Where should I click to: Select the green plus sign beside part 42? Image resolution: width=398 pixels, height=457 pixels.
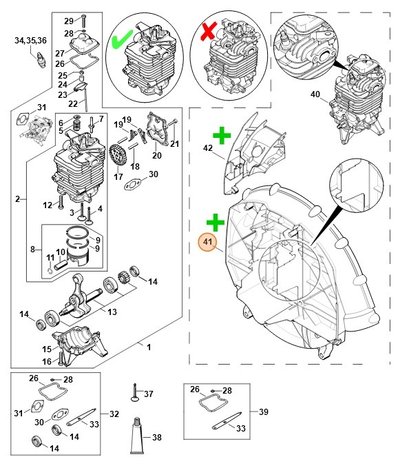point(220,136)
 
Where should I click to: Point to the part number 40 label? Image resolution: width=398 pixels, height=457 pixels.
point(315,94)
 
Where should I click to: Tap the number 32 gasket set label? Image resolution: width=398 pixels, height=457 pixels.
point(114,414)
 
